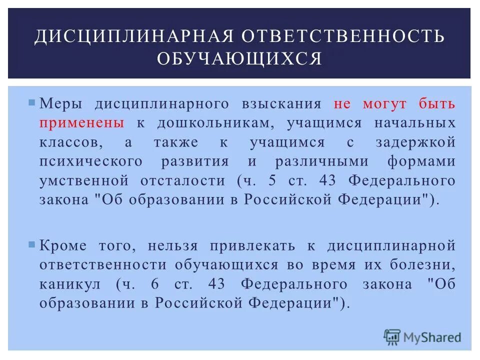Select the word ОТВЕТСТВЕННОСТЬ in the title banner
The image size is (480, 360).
click(x=340, y=36)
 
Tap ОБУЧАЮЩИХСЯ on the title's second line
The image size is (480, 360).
click(x=239, y=58)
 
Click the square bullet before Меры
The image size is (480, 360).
click(x=32, y=103)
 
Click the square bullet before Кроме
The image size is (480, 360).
click(x=32, y=244)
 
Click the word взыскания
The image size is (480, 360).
click(x=281, y=104)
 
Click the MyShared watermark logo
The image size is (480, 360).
click(x=422, y=336)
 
